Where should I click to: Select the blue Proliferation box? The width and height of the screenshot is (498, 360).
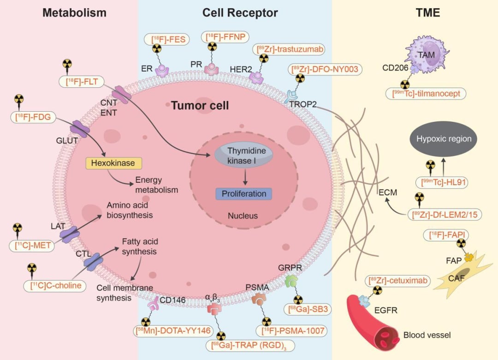pos(244,194)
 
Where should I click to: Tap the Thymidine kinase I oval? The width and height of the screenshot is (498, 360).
pos(243,156)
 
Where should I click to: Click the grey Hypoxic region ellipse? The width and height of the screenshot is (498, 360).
pos(444,138)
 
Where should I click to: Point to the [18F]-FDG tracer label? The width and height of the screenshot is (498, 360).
pos(33,117)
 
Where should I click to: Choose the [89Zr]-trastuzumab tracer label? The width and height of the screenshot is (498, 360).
pos(290,49)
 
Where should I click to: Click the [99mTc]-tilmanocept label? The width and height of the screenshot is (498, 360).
pos(426,94)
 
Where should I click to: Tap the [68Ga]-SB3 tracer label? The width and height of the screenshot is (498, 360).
pos(308,309)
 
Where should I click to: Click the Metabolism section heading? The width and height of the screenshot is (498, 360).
pos(74,13)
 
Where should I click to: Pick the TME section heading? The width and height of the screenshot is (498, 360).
pos(428,13)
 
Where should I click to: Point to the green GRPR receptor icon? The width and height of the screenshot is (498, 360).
pos(291,282)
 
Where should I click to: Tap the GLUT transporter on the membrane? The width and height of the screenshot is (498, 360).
pos(80,129)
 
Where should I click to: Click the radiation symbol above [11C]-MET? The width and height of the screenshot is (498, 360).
pos(17,228)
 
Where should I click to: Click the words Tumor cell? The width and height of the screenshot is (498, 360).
pos(200,106)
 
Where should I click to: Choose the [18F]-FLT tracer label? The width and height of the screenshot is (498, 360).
pos(82,82)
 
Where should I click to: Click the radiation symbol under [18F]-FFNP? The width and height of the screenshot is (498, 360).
pos(212,47)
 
